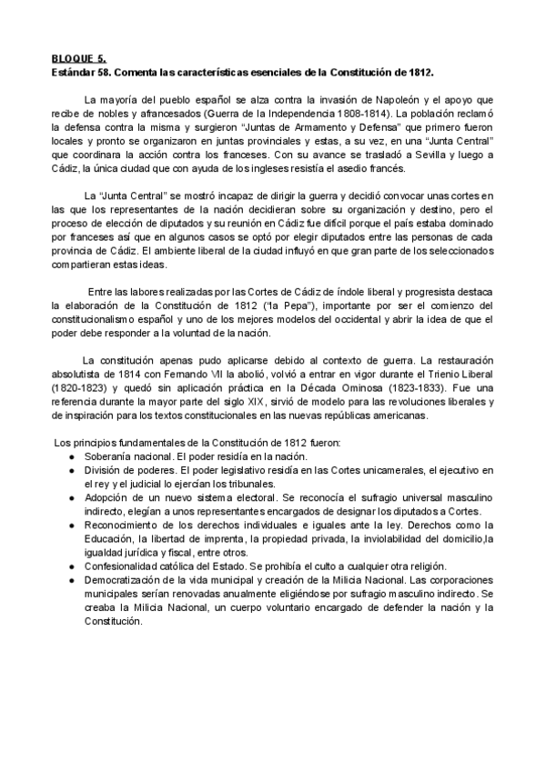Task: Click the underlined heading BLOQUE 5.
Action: tap(76, 57)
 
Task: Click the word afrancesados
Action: tap(177, 114)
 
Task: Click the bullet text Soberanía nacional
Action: tap(127, 456)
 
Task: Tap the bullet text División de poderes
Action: tap(130, 470)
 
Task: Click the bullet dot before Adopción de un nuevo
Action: tap(73, 498)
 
